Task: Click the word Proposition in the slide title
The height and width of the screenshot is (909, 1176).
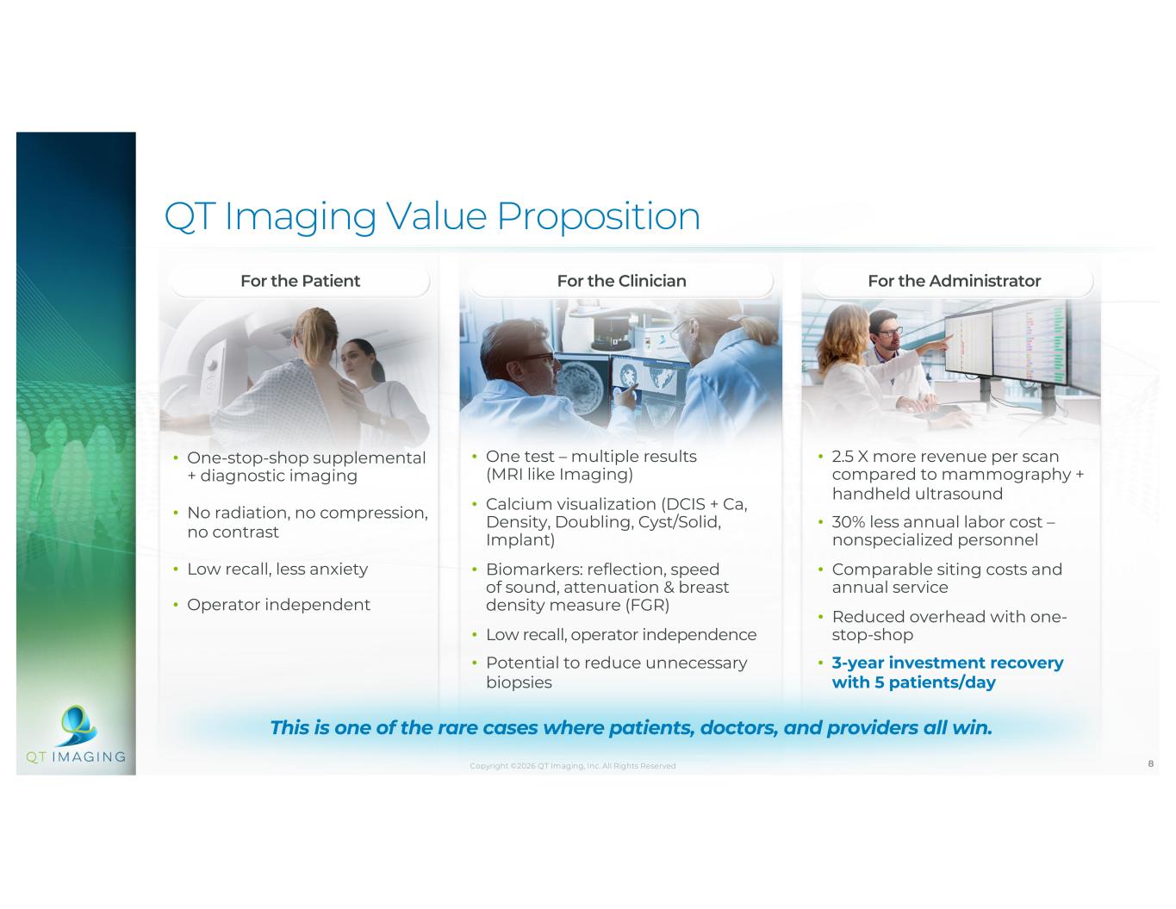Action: click(598, 217)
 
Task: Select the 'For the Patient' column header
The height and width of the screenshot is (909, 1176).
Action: click(301, 281)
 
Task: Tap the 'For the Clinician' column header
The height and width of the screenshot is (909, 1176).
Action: click(621, 281)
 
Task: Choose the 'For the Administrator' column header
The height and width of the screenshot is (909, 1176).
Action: click(954, 281)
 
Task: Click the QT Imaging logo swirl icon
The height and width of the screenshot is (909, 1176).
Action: click(78, 725)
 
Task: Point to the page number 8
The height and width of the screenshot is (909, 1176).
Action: click(1150, 763)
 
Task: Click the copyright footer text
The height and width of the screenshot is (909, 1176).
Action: click(573, 766)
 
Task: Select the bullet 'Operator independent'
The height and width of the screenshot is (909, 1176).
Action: click(279, 604)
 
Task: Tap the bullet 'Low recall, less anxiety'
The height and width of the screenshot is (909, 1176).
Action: click(277, 570)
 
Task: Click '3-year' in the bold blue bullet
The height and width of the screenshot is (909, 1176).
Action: click(858, 663)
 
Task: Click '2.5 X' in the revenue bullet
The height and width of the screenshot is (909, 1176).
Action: click(849, 456)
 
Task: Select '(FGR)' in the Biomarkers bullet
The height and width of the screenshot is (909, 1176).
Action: click(647, 605)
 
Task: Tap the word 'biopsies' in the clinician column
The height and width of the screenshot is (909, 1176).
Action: click(519, 682)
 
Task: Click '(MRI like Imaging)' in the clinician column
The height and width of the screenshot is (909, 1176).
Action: click(560, 475)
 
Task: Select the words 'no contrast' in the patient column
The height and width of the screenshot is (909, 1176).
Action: click(233, 532)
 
